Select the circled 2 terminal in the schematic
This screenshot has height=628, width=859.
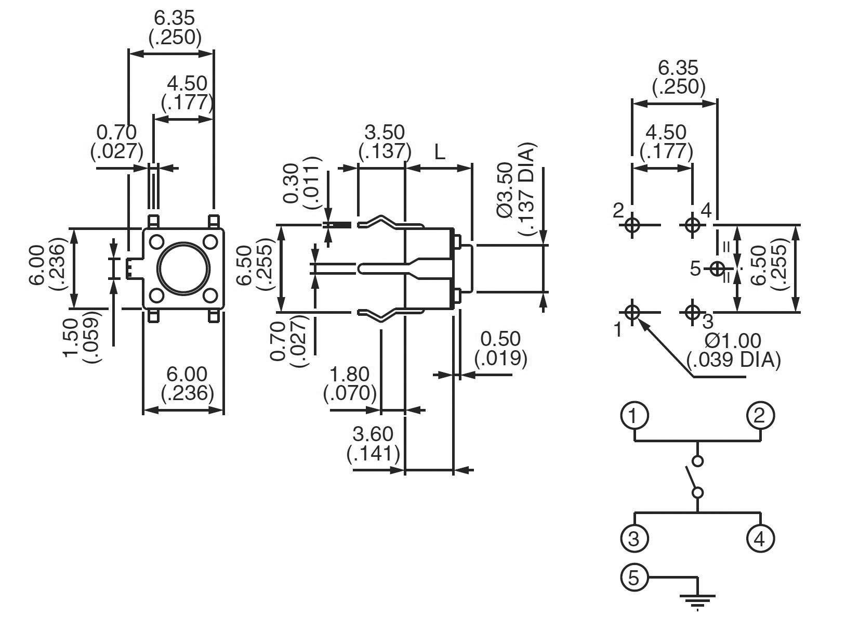tap(760, 416)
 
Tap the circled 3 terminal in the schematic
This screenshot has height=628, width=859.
tap(634, 539)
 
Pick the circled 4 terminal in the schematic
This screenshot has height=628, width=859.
tap(760, 539)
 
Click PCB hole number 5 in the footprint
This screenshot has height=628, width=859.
tap(717, 269)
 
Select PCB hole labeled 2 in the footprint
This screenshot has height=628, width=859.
tap(632, 225)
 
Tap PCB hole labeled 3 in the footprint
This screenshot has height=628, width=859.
tap(692, 313)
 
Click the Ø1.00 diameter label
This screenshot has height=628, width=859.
tap(733, 341)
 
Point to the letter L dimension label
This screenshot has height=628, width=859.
tap(440, 152)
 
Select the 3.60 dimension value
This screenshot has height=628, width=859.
tap(373, 433)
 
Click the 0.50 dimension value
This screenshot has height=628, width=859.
tap(500, 339)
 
